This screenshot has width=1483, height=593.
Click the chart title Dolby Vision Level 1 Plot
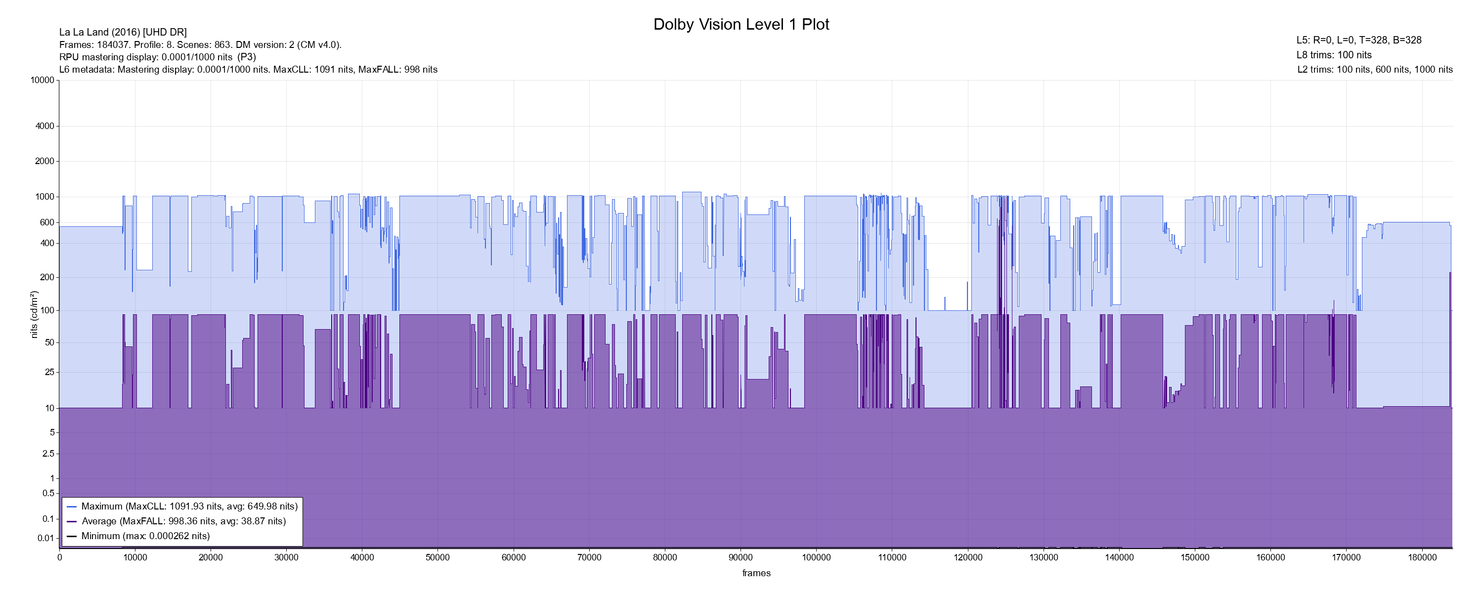coord(741,24)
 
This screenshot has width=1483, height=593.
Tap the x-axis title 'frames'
coord(756,573)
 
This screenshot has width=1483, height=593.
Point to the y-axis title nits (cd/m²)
coord(34,314)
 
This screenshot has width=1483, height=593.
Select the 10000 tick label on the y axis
coord(42,80)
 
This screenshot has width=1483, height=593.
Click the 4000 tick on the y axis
coord(44,126)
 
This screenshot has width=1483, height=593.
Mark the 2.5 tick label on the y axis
coord(48,454)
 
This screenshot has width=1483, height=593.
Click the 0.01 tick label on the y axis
coord(45,538)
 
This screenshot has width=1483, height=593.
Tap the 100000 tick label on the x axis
coord(816,557)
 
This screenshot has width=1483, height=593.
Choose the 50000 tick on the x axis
coord(437,557)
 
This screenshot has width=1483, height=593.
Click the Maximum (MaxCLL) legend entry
coord(189,507)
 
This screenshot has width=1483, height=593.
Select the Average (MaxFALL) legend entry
coord(184,521)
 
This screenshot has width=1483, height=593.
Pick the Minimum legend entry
coord(146,536)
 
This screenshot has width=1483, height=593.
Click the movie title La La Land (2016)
coord(123,32)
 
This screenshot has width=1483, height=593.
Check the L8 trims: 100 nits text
coord(1334,55)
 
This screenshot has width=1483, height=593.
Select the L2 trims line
coord(1375,70)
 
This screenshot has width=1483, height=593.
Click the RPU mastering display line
coord(157,57)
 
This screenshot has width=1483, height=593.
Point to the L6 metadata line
coord(248,70)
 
